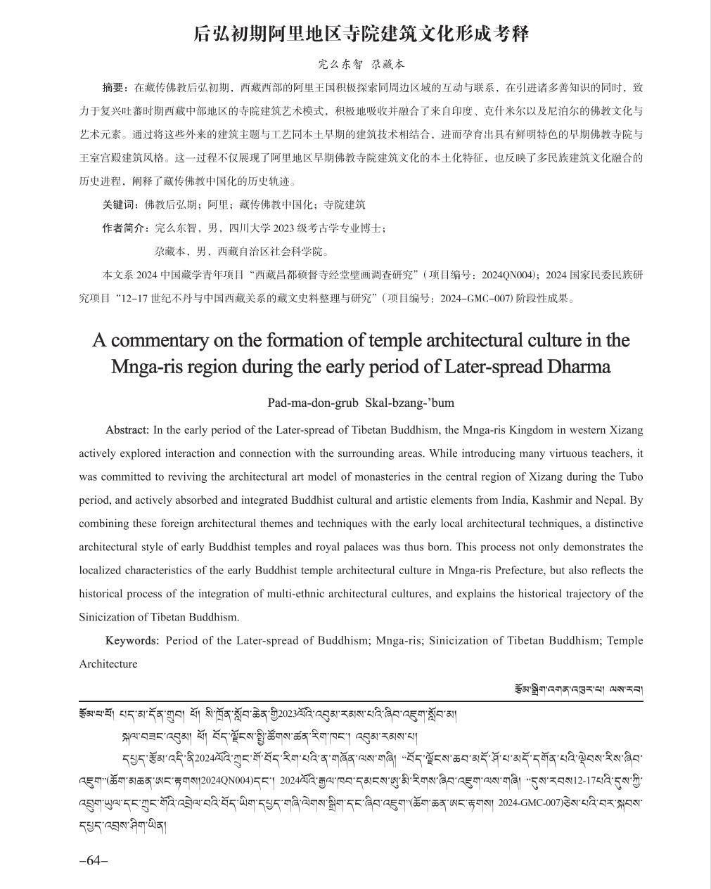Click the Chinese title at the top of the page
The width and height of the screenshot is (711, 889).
pyautogui.click(x=361, y=34)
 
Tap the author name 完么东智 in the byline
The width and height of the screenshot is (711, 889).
pyautogui.click(x=340, y=64)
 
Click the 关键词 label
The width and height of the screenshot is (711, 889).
pyautogui.click(x=120, y=205)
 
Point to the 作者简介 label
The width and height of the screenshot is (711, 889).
pyautogui.click(x=125, y=228)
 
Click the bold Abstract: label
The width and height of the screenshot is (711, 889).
pyautogui.click(x=127, y=429)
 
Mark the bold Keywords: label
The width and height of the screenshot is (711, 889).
pyautogui.click(x=132, y=640)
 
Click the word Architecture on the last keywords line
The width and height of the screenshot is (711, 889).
pyautogui.click(x=108, y=664)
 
